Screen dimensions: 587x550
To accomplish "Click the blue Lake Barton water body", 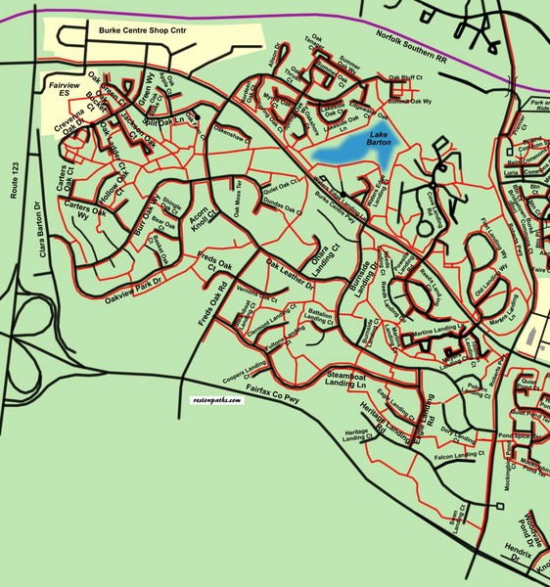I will (349, 148).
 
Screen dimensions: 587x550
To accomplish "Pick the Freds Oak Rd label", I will (208, 303).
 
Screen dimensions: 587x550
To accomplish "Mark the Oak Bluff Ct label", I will (404, 76).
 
